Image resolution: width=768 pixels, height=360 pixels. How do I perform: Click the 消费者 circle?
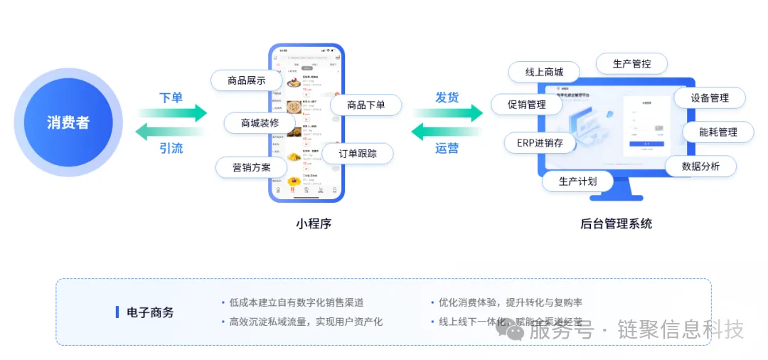pos(68,122)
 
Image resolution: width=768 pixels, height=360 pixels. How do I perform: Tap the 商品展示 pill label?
pos(246,80)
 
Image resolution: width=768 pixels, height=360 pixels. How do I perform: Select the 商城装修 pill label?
pos(260,122)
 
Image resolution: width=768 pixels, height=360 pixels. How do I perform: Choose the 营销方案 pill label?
pos(251,168)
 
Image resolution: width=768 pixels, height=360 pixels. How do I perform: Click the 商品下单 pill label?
pos(366,105)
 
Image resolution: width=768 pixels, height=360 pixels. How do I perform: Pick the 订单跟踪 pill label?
pos(357,153)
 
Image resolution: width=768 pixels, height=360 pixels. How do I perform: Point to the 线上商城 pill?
pos(544,72)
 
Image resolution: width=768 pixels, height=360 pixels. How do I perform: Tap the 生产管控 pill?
pos(631,63)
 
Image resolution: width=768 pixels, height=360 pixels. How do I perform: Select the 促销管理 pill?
pos(526,105)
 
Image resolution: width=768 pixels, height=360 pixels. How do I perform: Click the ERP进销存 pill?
pos(540,142)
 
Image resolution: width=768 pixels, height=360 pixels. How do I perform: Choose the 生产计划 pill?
pos(577,181)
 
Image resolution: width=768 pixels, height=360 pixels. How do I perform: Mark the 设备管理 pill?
pos(709,97)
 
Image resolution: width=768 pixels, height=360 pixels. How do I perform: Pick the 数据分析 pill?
pos(700,166)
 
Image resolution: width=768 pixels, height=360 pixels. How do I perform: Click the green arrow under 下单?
pos(172,112)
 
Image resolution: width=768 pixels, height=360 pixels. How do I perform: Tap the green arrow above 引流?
pos(171,131)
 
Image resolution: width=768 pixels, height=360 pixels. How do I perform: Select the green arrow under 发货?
pos(448,112)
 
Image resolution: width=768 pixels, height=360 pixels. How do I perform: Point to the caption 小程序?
pos(314,223)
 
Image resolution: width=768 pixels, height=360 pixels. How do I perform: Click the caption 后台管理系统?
pos(616,223)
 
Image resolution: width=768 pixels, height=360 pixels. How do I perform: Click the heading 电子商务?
pos(150,312)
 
